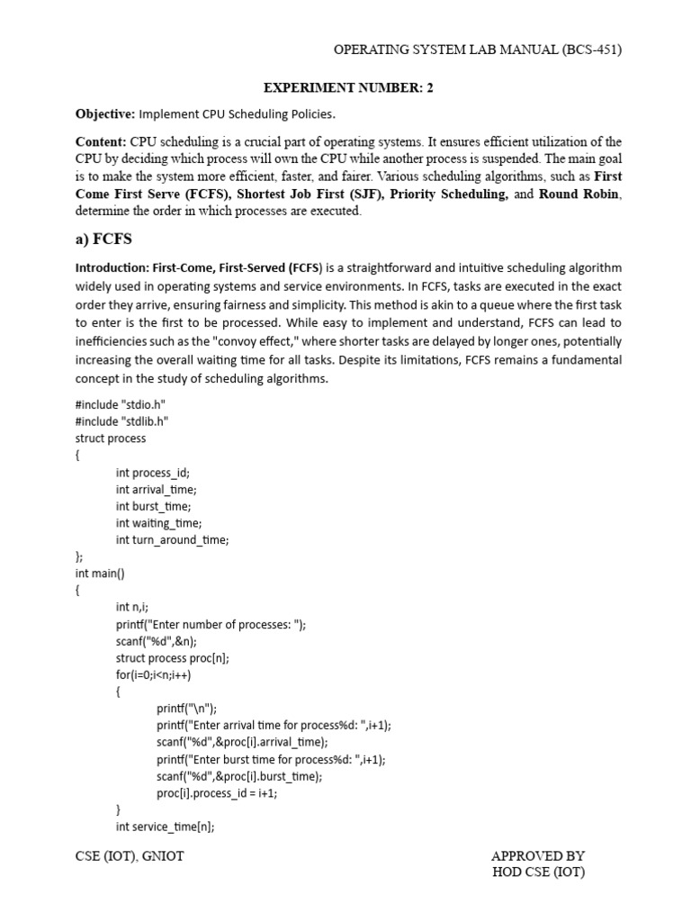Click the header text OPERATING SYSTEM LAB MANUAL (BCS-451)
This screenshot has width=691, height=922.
[x=478, y=50]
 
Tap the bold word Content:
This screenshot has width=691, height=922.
[x=101, y=142]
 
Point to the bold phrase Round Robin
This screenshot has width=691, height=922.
[x=580, y=194]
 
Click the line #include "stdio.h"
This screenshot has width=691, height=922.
[x=121, y=405]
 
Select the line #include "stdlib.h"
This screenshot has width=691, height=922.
[x=122, y=421]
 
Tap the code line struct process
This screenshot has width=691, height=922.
[x=111, y=438]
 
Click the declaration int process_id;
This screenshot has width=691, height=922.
[x=153, y=472]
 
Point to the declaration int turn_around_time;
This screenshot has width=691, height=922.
[x=173, y=539]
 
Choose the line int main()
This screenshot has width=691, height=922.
[x=100, y=574]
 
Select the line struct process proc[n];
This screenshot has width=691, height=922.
[x=173, y=658]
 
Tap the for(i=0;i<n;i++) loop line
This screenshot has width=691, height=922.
[x=153, y=675]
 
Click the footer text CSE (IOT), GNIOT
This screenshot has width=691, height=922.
[x=130, y=856]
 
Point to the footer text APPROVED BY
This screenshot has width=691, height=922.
[x=538, y=855]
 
